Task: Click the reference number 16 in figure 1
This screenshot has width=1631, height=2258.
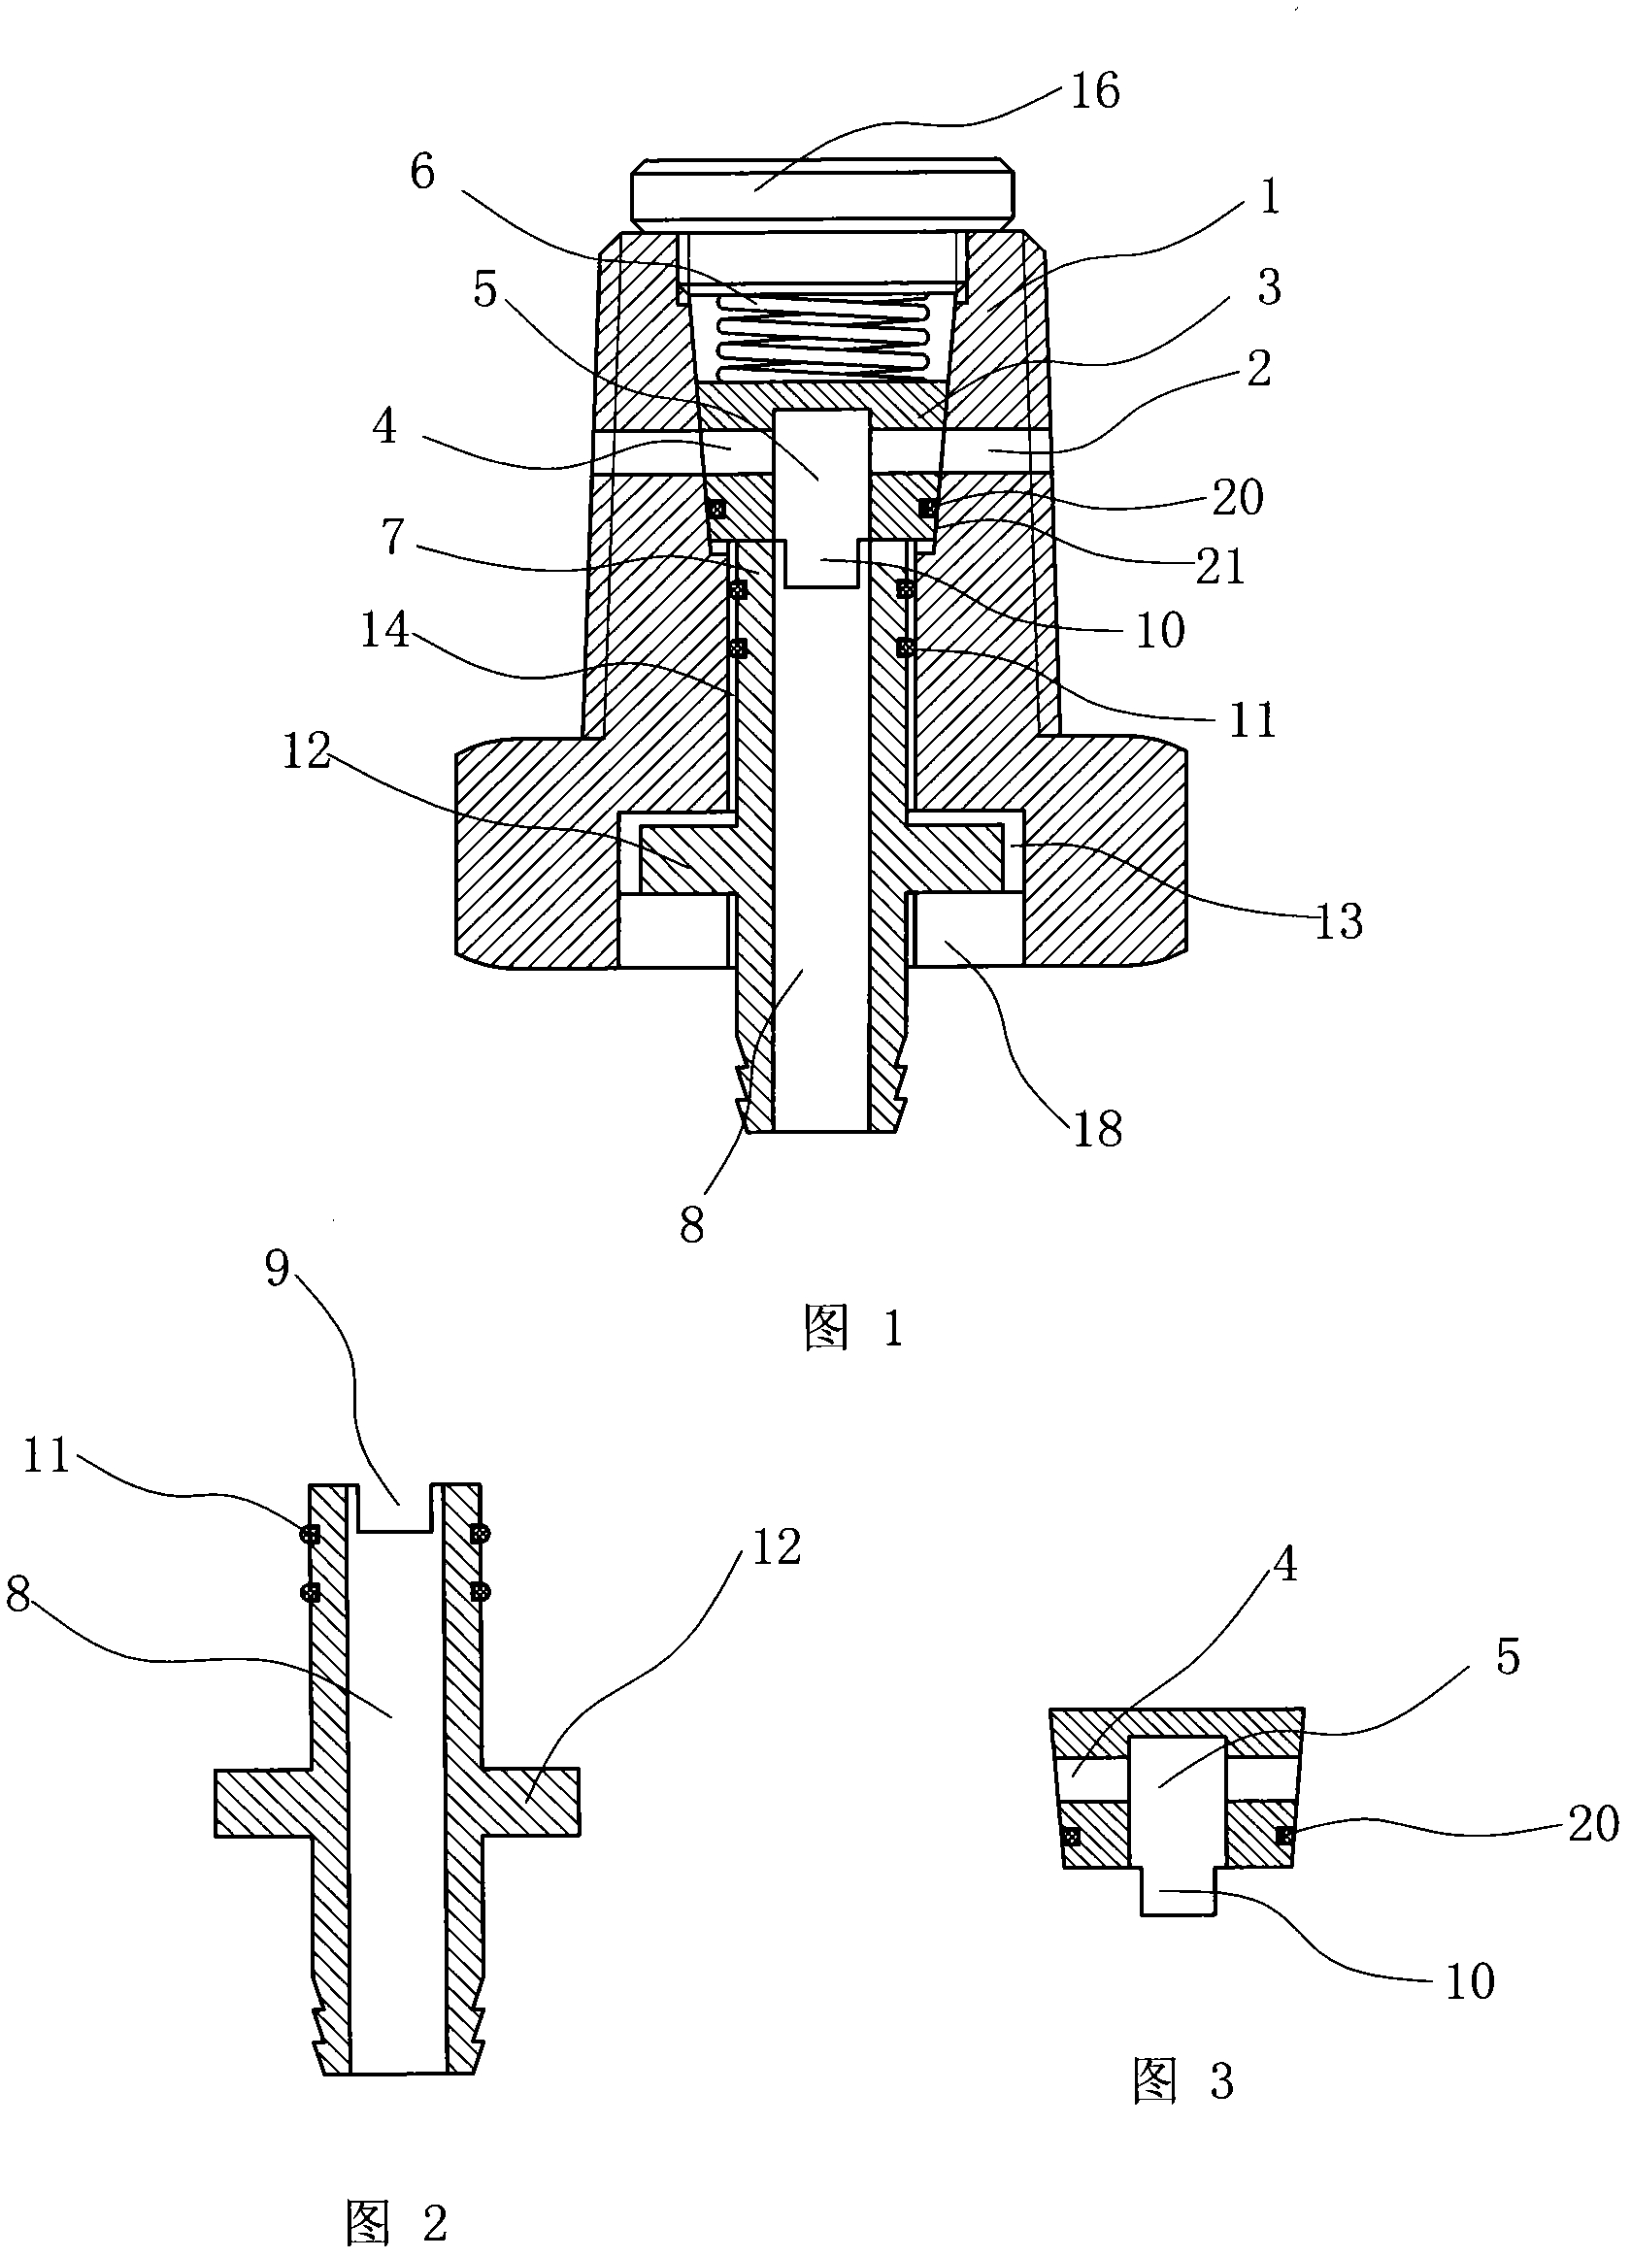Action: (1095, 90)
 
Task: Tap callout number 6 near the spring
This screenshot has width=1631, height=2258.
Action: (423, 172)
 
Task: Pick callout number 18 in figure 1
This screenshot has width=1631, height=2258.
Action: (1097, 1129)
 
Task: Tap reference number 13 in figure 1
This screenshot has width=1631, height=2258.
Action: (1338, 921)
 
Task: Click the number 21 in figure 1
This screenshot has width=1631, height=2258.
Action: (1220, 568)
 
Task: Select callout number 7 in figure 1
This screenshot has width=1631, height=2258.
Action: (394, 538)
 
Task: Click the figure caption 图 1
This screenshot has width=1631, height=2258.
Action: (854, 1328)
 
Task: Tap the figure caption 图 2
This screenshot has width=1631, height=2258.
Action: (396, 2221)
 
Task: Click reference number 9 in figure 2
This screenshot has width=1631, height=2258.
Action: (278, 1269)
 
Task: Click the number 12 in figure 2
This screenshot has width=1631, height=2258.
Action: (776, 1547)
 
